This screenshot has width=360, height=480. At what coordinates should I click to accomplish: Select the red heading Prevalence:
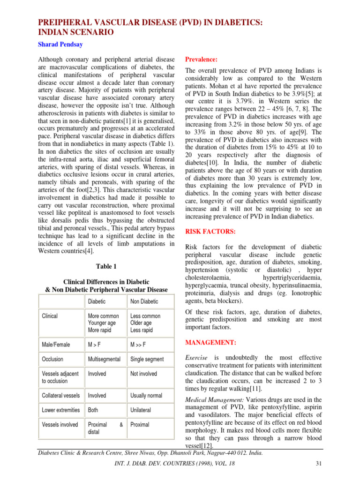point(202,60)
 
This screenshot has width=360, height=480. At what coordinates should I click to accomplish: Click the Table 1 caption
point(106,266)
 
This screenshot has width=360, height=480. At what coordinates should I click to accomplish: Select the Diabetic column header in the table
point(97,301)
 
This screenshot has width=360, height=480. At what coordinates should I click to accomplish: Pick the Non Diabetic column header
point(144,301)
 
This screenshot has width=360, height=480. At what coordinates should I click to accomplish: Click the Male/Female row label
point(56,345)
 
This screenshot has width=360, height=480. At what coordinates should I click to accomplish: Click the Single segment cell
point(147,359)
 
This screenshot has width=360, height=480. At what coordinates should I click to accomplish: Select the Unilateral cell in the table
point(140,410)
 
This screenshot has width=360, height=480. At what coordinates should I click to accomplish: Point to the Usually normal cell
point(147,396)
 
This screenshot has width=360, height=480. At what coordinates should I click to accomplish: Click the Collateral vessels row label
point(61,396)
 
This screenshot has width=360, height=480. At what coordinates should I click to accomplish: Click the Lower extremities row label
point(61,410)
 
